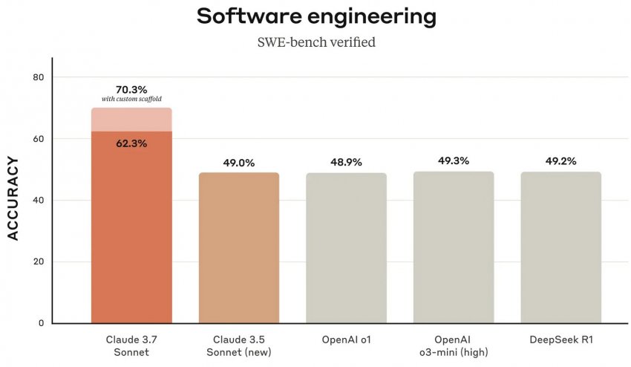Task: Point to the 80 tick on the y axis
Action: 39,77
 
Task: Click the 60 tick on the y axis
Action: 39,139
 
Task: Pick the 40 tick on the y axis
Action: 39,201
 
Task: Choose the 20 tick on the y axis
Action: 39,262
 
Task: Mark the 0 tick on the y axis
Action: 42,323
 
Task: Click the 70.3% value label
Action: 131,89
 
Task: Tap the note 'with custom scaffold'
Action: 131,100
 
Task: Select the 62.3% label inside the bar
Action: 131,143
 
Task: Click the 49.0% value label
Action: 239,163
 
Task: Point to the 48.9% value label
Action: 346,163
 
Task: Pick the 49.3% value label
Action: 454,160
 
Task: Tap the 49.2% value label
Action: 560,161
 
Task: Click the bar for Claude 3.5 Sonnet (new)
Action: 239,248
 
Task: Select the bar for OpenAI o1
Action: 346,248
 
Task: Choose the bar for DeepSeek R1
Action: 560,248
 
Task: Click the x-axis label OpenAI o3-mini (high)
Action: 454,345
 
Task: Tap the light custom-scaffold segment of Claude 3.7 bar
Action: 131,120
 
